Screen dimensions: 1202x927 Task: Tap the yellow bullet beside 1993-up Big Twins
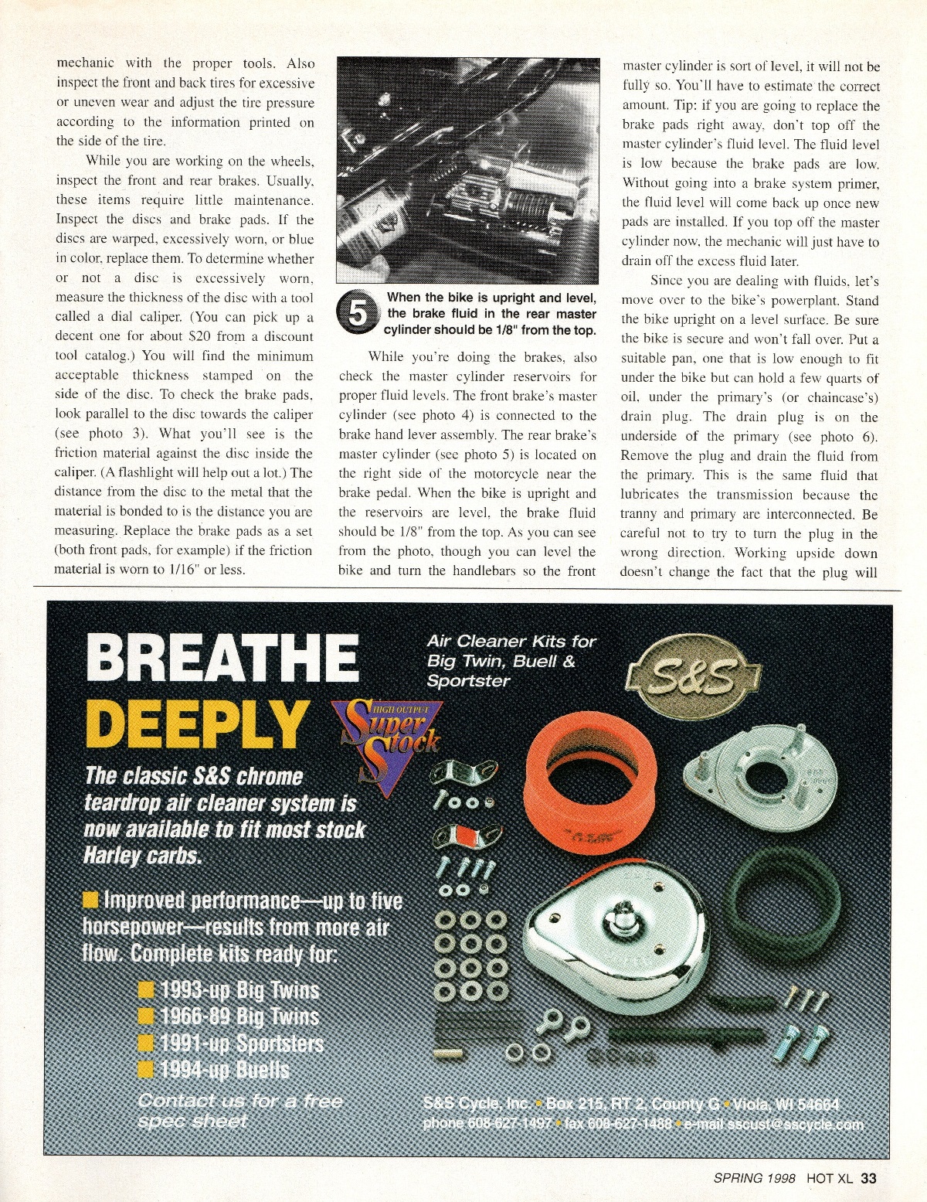pos(146,990)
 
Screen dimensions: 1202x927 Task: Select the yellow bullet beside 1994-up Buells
pos(146,1070)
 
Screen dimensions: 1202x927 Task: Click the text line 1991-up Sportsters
pos(241,1044)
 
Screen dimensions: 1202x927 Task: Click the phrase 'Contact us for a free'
pos(239,1101)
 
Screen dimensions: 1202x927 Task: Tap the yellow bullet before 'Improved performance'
pos(91,901)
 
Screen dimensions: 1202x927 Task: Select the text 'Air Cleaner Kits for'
pos(511,641)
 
